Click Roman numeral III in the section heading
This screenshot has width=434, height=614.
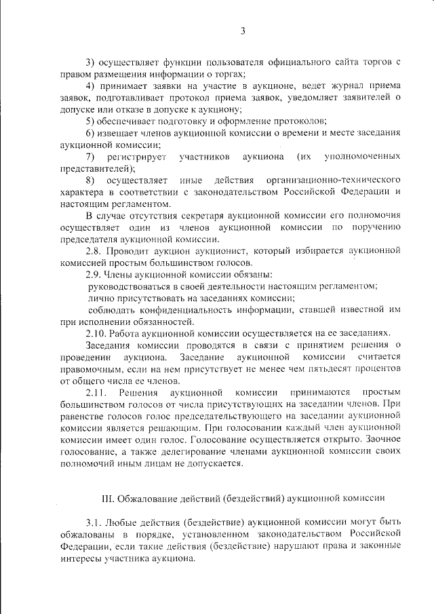(x=108, y=498)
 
